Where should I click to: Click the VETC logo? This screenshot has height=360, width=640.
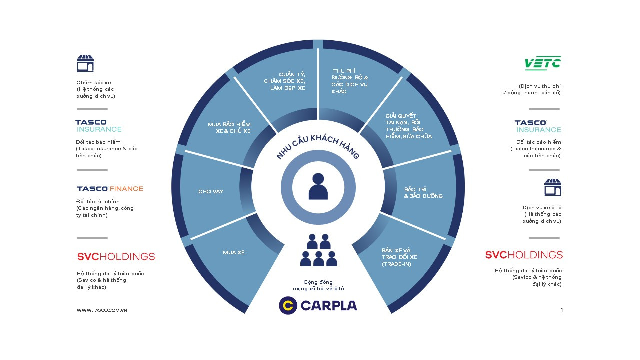[542, 63]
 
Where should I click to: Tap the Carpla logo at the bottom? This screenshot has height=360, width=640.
[318, 305]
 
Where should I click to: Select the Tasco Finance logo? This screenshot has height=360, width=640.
[110, 189]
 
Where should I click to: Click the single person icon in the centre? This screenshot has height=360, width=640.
[318, 186]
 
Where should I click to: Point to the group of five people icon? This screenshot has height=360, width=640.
[318, 250]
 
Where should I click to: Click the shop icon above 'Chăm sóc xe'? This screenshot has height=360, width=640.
[85, 64]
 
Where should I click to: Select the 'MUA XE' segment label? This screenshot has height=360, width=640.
[233, 253]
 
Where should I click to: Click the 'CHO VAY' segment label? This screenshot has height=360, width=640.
[211, 191]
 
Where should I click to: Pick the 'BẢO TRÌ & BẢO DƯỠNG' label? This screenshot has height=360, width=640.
[423, 193]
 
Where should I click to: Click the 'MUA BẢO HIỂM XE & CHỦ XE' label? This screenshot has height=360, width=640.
[229, 127]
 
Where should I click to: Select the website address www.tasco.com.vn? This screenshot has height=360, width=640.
[102, 310]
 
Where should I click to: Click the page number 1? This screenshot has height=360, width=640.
[561, 310]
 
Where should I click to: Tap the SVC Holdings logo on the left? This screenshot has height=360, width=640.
[116, 256]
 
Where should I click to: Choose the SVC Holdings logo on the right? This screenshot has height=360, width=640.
[524, 255]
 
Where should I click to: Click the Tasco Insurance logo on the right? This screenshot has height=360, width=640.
[538, 126]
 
